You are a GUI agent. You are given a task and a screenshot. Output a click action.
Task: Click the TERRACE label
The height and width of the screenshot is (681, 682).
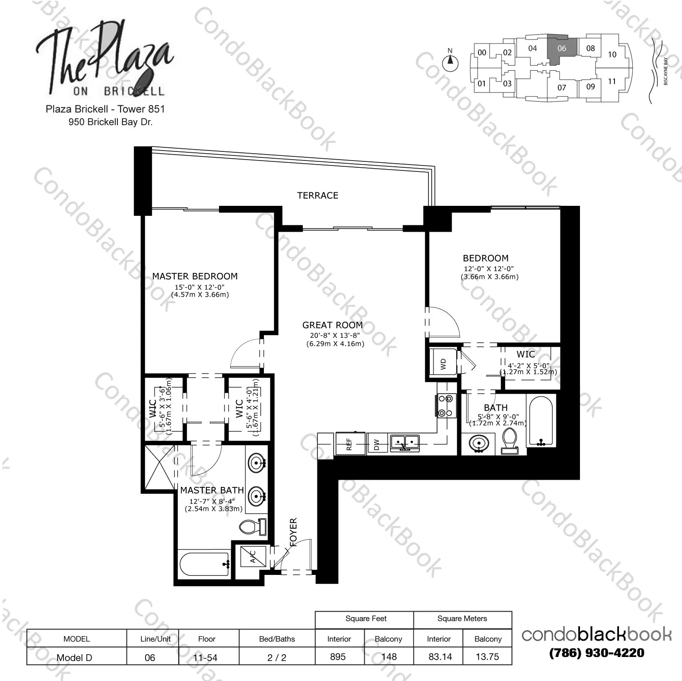(317, 195)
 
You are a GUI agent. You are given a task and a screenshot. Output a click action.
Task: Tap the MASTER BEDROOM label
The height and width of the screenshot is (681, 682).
(195, 276)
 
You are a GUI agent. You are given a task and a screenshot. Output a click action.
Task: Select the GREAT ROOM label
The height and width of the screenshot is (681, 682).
(332, 325)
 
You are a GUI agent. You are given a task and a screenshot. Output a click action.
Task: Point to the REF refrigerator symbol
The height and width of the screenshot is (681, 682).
(349, 443)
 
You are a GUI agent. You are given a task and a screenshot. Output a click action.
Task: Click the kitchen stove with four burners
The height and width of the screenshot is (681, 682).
(445, 405)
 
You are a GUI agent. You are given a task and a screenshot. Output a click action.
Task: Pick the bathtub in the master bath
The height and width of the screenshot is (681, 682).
(205, 564)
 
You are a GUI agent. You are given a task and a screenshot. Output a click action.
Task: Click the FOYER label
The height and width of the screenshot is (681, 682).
(293, 532)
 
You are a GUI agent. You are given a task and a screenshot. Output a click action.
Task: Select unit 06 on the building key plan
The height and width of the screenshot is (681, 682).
(562, 49)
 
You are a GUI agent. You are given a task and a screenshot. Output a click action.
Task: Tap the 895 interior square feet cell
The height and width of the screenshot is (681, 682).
(338, 656)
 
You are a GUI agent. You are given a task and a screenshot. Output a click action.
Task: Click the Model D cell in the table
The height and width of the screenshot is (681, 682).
(74, 657)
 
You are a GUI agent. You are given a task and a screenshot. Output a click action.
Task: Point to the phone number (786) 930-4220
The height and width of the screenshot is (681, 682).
(597, 653)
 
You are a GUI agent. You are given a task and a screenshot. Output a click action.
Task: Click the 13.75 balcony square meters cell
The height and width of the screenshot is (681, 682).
(487, 656)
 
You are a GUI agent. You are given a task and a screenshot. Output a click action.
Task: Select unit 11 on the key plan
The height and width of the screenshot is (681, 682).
(612, 82)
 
